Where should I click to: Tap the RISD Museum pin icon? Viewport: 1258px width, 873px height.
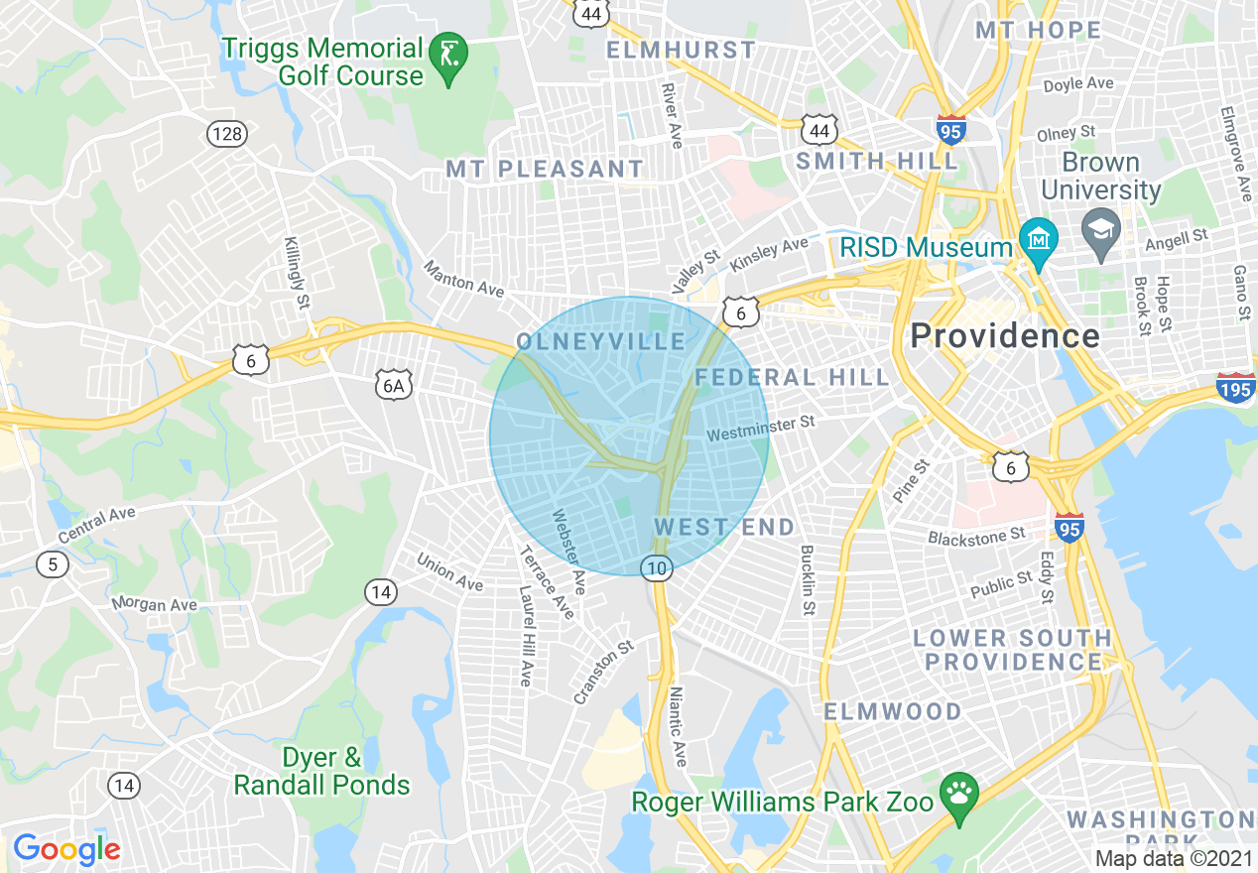tap(1039, 241)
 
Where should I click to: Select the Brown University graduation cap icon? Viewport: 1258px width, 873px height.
tap(1101, 230)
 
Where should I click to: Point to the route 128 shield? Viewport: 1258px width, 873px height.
tap(227, 134)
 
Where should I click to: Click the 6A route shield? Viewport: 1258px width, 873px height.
tap(394, 384)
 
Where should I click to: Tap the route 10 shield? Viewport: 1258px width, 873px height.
tap(657, 567)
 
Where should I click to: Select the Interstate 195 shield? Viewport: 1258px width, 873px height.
tap(1235, 387)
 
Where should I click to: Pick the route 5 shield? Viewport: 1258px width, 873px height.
tap(53, 564)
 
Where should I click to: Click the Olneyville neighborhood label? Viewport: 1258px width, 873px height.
tap(601, 342)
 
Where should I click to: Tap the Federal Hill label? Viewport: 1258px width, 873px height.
tap(793, 377)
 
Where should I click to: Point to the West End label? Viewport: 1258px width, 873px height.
tap(724, 527)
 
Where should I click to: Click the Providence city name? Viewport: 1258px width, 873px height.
tap(1004, 335)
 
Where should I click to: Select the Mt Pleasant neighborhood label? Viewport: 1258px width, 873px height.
tap(545, 170)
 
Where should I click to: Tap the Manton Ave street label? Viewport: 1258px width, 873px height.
tap(463, 279)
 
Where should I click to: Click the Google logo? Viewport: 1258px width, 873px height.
tap(66, 849)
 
